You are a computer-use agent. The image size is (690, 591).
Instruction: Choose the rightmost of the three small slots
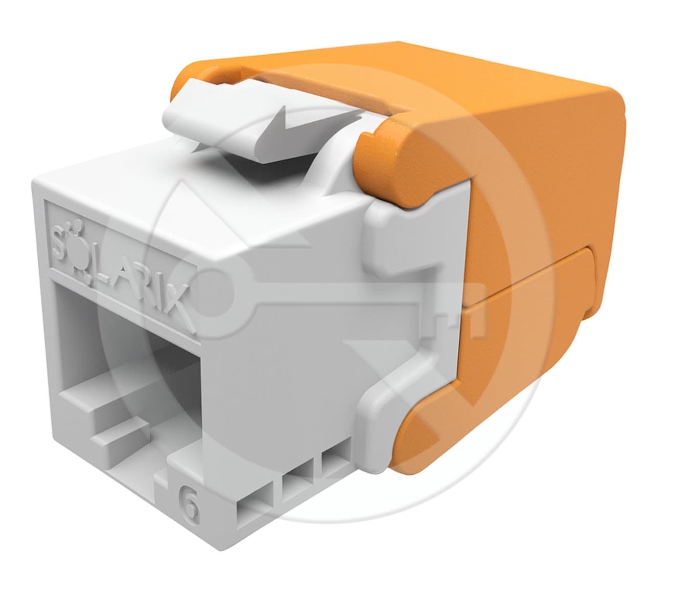[x=333, y=461]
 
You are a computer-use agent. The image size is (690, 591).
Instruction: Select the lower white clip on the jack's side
[x=394, y=404]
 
